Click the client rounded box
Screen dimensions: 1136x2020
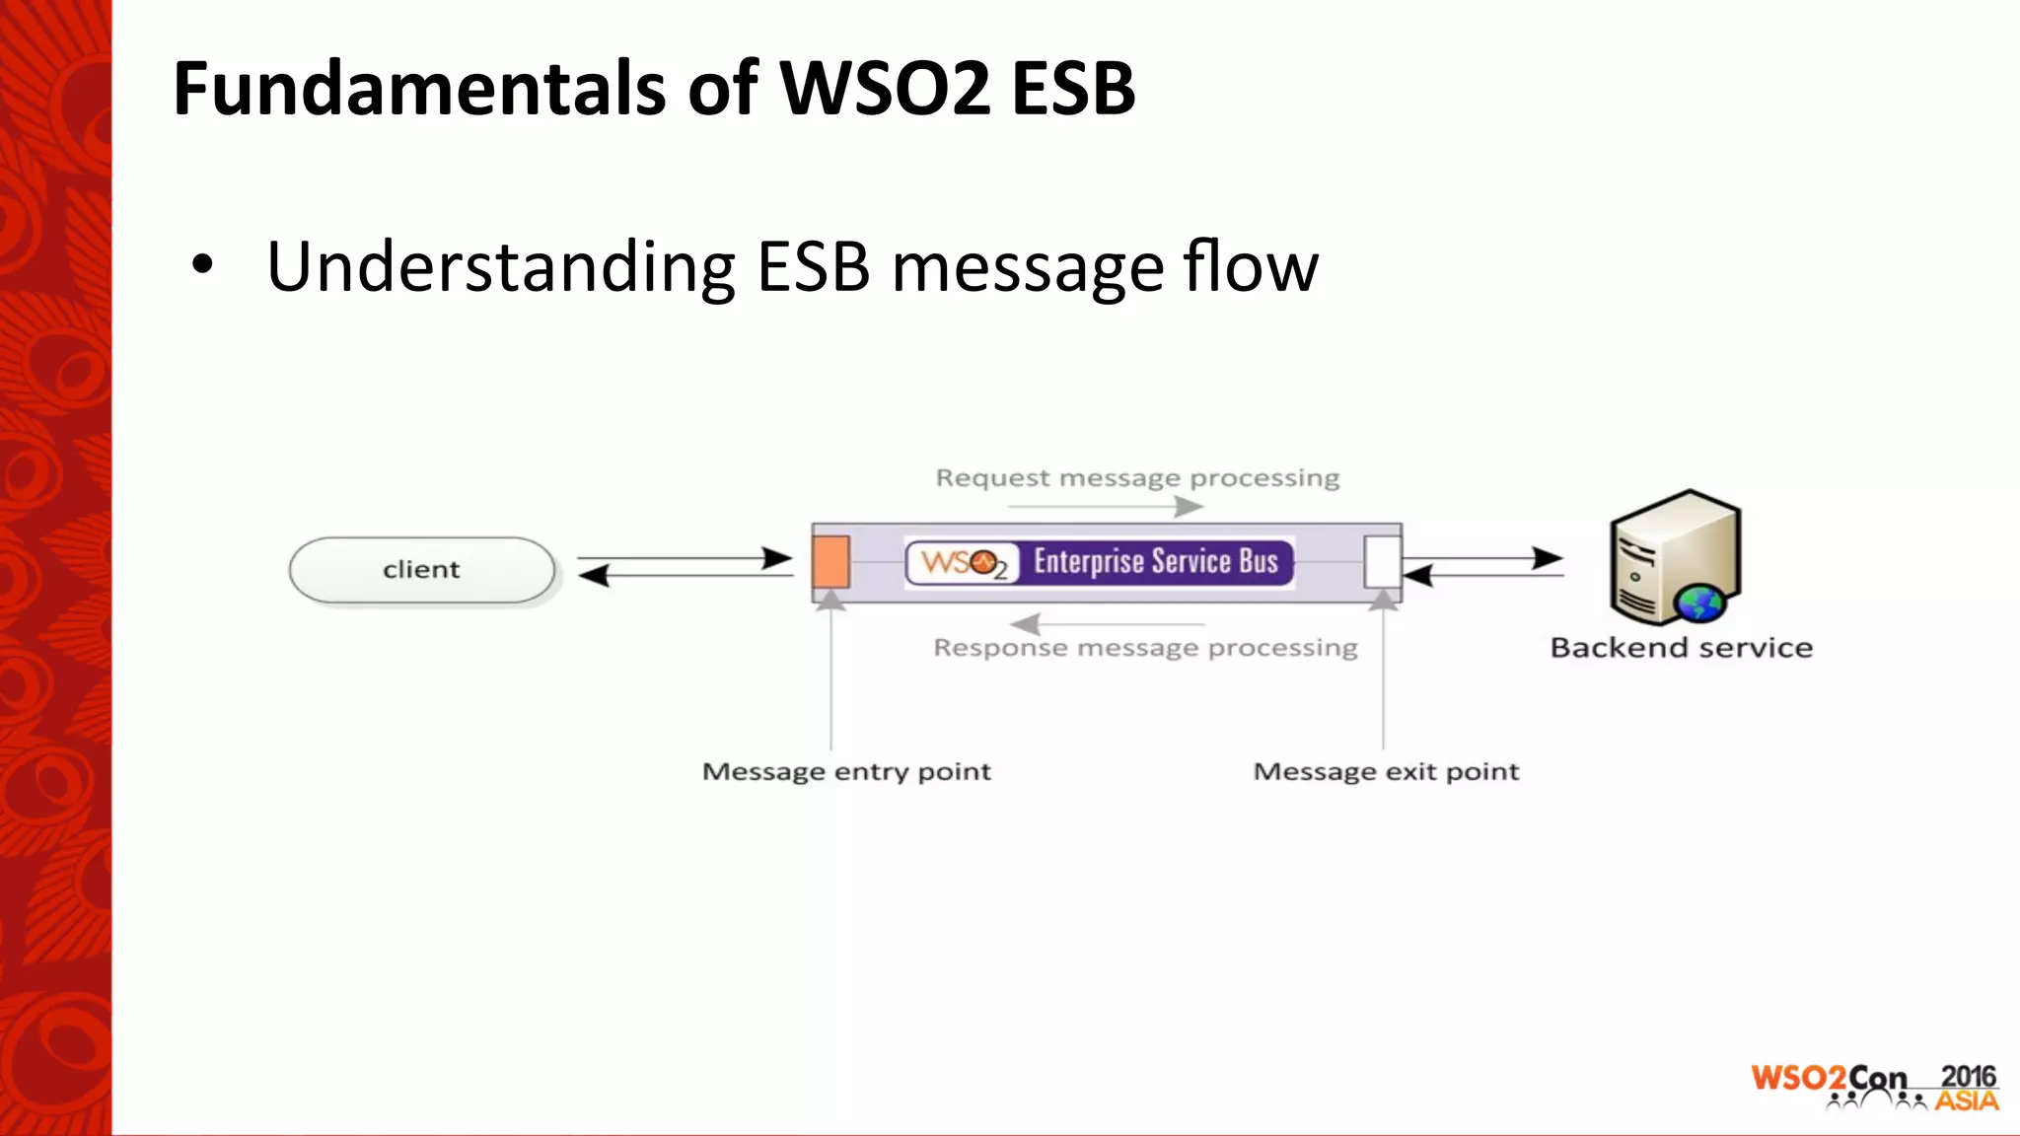(422, 570)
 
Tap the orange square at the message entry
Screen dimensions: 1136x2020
(830, 561)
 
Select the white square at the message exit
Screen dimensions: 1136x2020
(1383, 561)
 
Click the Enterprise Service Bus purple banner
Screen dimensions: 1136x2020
(1154, 562)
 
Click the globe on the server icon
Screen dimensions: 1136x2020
(1698, 603)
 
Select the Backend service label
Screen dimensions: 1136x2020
(1681, 648)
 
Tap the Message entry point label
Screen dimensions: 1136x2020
(846, 771)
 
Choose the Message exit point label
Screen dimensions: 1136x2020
(1386, 771)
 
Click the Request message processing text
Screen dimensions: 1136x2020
(1137, 478)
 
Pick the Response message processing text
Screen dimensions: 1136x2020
(1145, 648)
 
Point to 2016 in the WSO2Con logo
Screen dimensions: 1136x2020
(1968, 1076)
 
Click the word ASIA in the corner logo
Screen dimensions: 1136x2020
(1966, 1100)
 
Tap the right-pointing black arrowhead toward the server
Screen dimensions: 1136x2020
(1547, 558)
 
